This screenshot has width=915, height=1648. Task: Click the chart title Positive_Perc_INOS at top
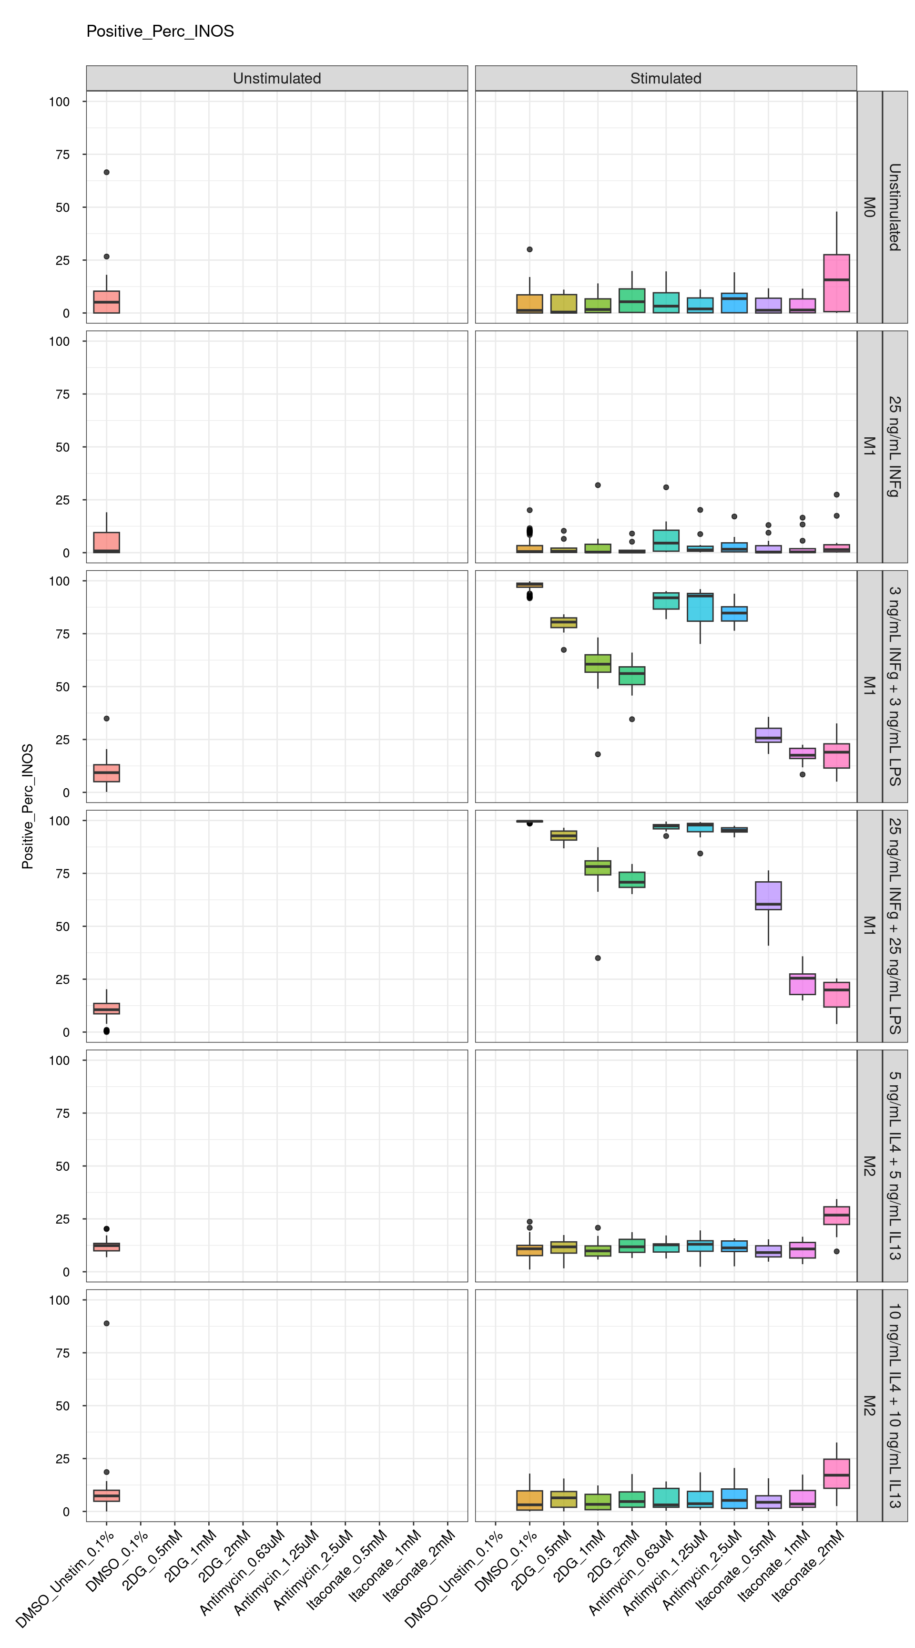(160, 31)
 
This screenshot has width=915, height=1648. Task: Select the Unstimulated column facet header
(277, 78)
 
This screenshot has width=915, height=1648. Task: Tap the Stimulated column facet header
(666, 78)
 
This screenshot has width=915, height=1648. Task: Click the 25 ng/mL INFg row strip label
(895, 446)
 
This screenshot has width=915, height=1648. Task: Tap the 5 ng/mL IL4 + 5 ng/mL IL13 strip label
(895, 1165)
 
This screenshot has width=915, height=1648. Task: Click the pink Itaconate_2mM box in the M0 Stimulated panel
(836, 283)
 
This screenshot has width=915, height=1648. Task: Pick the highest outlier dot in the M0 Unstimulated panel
(107, 172)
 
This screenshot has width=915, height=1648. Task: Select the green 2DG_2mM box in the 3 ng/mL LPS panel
(632, 676)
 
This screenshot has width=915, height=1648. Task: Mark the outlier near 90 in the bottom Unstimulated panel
(107, 1323)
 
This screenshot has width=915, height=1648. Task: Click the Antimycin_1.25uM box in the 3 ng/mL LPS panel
(700, 607)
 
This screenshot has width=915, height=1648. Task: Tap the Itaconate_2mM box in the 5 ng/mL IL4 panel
(836, 1215)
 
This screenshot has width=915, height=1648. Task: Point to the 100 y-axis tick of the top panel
(60, 102)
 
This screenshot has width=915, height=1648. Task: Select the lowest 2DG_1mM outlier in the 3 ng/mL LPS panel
(598, 754)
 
